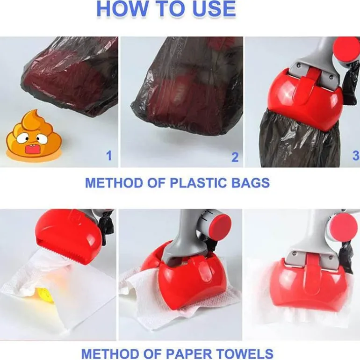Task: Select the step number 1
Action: coord(109,156)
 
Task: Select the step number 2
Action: coord(235,157)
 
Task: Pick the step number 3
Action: coord(356,156)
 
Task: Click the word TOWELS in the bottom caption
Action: coord(245,354)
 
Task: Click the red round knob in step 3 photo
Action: coord(347,50)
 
